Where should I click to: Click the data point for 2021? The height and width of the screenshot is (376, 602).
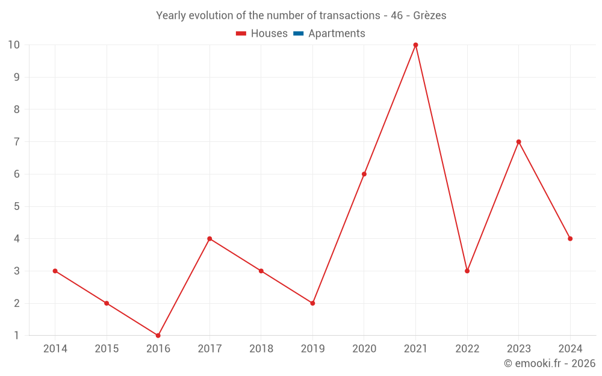coord(415,45)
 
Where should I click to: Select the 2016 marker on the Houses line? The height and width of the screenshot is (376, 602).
coord(158,335)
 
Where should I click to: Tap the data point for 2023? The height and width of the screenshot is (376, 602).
coord(518,142)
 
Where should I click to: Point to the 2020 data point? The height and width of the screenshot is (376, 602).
coord(364,174)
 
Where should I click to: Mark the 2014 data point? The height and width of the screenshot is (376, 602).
coord(55,271)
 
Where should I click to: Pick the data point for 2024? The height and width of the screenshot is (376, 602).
coord(570,239)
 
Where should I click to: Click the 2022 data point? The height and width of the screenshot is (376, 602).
coord(467,271)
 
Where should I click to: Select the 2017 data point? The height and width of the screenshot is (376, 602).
coord(209,239)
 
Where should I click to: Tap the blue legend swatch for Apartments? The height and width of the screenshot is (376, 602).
coord(298,34)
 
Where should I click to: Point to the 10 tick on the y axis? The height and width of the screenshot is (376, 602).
coord(14,45)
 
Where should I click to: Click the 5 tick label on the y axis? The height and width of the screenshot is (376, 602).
coord(17,206)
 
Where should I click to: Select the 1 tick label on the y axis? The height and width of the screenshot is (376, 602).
coord(17,336)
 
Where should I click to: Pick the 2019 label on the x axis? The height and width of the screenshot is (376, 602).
coord(312,349)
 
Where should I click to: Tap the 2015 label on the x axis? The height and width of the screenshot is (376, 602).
coord(107,349)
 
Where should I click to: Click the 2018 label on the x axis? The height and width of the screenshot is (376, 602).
coord(261,349)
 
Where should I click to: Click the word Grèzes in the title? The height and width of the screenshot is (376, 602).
coord(430,16)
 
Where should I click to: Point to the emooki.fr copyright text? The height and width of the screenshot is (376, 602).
coord(550,363)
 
